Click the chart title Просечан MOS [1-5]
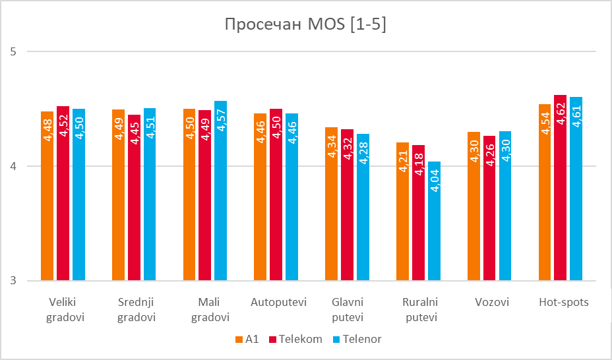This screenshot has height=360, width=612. tap(305, 25)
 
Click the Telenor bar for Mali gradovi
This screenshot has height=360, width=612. tap(220, 191)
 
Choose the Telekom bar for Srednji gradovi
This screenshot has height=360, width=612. tap(134, 198)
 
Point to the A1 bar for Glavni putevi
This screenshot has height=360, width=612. tap(331, 204)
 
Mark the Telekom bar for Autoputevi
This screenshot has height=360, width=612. tap(276, 195)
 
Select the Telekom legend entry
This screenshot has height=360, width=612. tap(295, 340)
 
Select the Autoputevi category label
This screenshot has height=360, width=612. tap(279, 303)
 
